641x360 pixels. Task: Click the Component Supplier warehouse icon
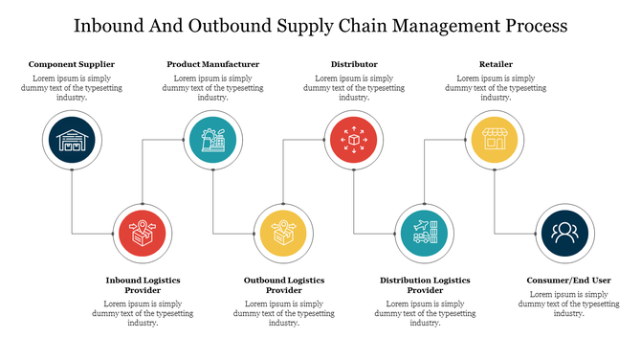click(72, 141)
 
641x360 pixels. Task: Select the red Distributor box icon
click(353, 141)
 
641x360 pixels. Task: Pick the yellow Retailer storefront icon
click(494, 141)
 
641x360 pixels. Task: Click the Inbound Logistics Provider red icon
click(142, 233)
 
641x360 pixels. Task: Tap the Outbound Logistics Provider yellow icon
click(283, 233)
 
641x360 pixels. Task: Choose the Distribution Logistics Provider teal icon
click(423, 233)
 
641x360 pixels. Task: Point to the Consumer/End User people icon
click(564, 233)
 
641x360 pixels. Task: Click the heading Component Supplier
click(72, 64)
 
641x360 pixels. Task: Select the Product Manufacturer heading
click(212, 64)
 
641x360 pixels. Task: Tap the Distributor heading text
click(353, 64)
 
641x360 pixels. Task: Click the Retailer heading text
click(495, 64)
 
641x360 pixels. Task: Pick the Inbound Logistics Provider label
click(143, 284)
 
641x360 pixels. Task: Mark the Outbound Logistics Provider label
click(283, 284)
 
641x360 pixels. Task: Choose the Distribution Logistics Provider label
click(425, 284)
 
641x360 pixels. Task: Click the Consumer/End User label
click(568, 280)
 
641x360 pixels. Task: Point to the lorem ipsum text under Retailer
click(495, 87)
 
